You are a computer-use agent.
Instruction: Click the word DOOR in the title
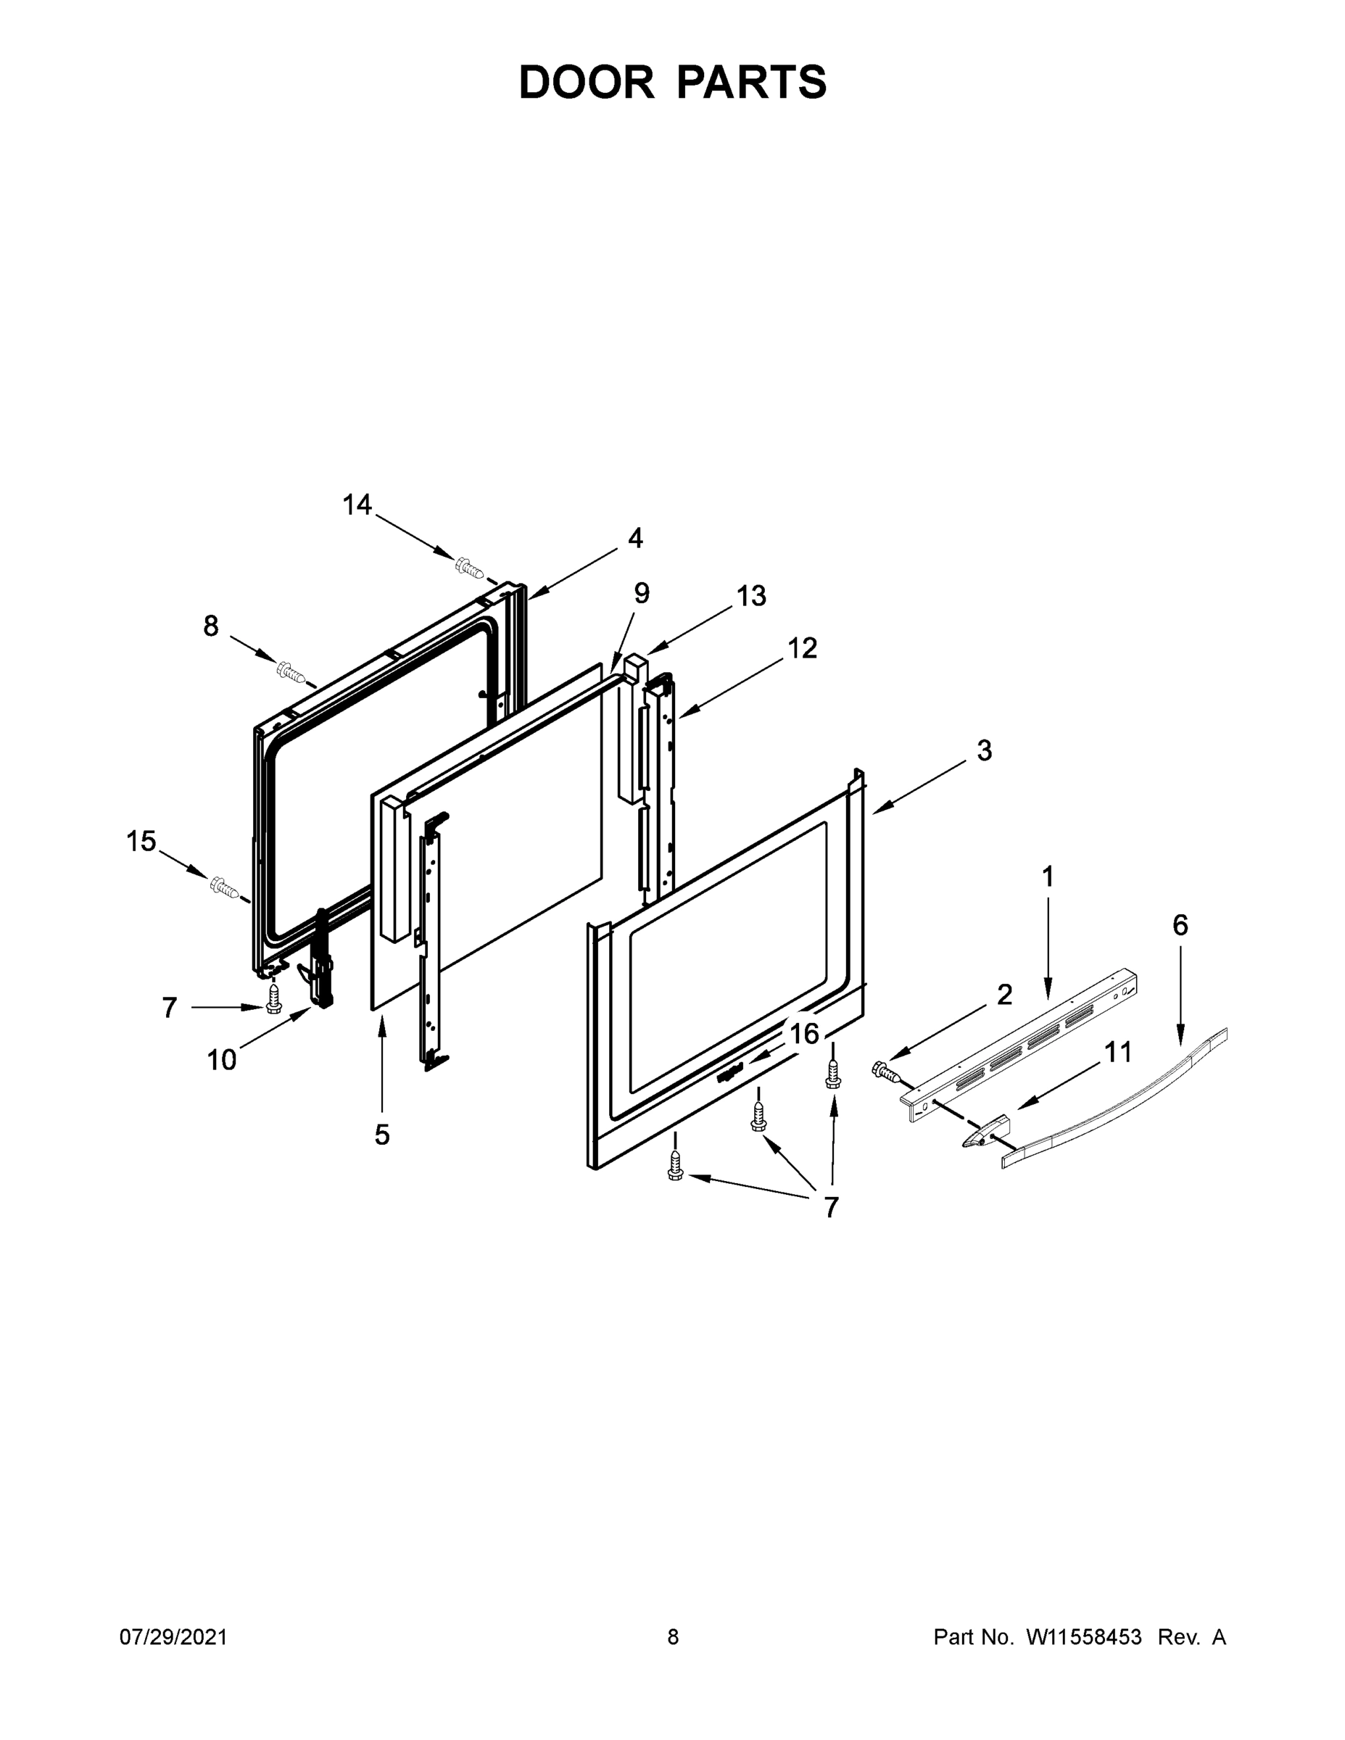[586, 82]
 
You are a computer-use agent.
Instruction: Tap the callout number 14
[357, 505]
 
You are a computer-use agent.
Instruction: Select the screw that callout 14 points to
[469, 567]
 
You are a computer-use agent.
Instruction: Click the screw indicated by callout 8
[291, 672]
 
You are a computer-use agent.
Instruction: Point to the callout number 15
[141, 841]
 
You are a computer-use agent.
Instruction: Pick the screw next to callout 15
[225, 887]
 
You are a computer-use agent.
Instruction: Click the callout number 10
[222, 1060]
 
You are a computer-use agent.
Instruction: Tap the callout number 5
[382, 1135]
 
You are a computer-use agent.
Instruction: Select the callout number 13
[750, 595]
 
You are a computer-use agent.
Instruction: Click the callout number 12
[803, 649]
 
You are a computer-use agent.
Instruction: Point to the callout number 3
[984, 750]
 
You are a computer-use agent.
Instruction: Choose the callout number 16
[804, 1033]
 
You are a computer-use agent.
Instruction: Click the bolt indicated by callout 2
[885, 1070]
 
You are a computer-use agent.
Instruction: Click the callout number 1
[1048, 877]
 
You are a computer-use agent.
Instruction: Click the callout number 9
[642, 593]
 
